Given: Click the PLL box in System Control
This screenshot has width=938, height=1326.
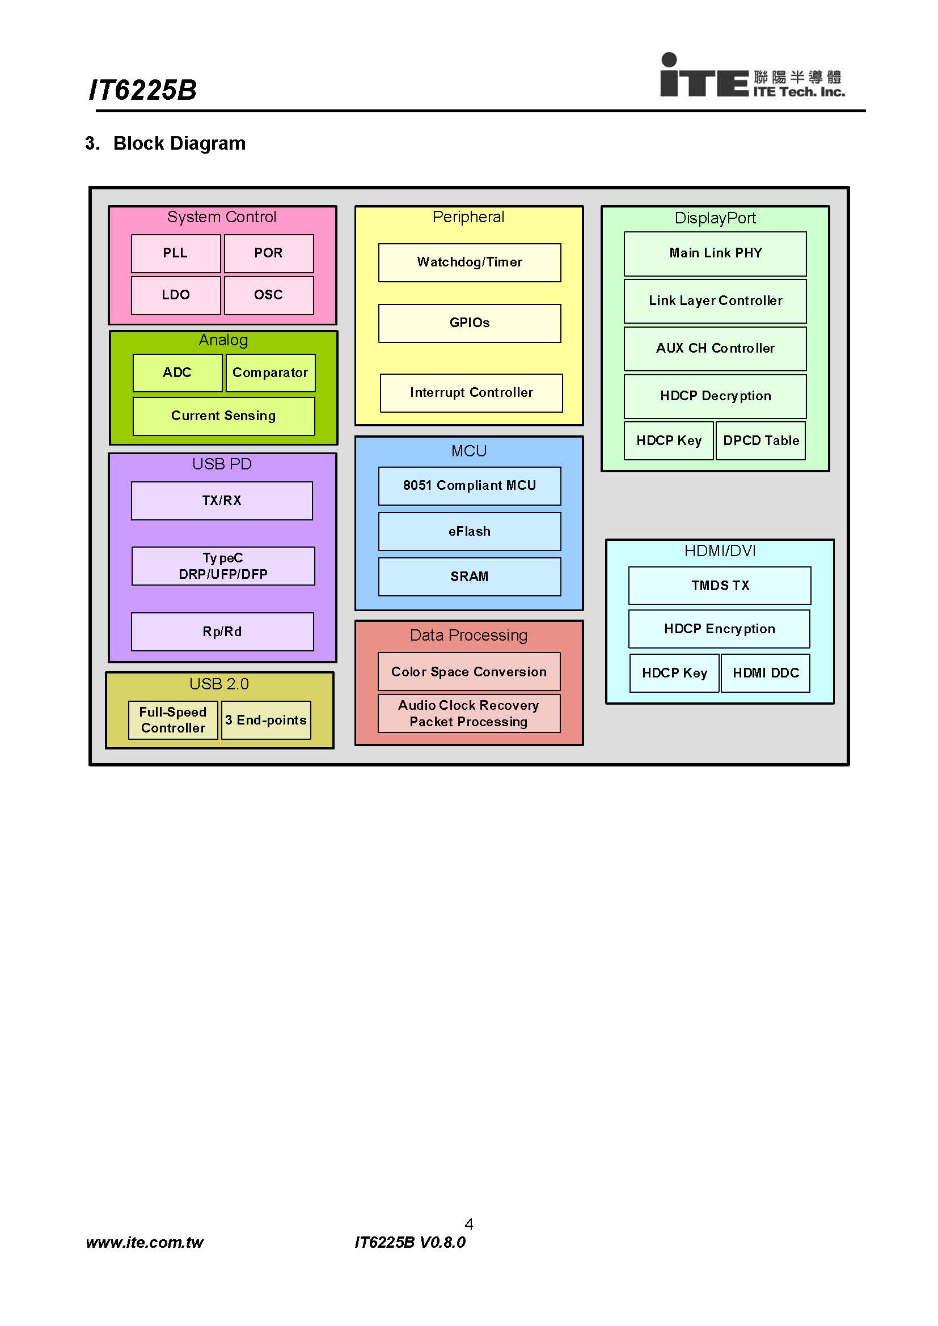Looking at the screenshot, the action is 176,253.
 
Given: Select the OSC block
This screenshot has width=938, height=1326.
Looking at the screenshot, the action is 269,295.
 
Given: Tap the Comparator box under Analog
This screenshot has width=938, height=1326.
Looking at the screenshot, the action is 271,372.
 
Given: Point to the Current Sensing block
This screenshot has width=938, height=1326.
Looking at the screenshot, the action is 223,416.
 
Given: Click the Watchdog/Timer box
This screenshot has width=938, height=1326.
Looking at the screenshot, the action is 470,262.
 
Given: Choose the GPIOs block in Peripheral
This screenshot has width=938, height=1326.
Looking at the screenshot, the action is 470,323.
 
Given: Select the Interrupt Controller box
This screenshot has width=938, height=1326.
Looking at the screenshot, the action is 471,393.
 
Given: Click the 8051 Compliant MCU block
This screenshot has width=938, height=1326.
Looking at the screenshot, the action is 470,486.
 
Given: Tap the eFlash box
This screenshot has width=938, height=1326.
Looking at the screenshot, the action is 470,531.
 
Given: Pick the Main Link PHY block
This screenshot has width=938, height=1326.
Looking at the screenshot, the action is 715,253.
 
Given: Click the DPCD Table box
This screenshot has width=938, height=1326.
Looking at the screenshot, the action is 760,440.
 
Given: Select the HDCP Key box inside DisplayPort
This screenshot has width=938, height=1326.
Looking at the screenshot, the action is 669,440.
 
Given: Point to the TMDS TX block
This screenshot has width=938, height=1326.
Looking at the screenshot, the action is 720,586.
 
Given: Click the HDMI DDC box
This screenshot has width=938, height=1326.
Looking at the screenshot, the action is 766,673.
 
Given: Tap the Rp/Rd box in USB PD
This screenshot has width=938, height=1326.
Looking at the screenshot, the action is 222,632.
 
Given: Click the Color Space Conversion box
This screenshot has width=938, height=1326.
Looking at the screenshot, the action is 469,672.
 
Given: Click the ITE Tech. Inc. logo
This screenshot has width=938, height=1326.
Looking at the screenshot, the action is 752,75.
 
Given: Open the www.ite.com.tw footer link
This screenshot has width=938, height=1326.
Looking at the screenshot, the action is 145,1243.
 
